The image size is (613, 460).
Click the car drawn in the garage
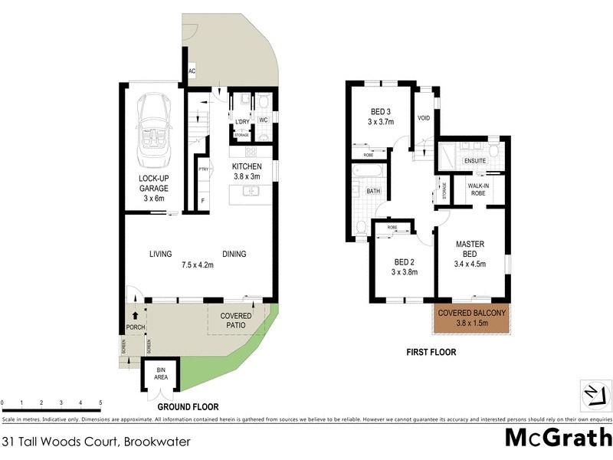153,128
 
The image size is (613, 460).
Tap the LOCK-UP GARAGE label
153,182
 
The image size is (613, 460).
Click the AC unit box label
192,71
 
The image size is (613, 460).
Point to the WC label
262,121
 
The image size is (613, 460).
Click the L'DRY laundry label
242,122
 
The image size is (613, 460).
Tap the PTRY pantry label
203,169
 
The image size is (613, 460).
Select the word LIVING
160,255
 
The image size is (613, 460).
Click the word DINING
234,255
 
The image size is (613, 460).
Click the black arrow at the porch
136,314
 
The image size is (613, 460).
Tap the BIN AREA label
161,373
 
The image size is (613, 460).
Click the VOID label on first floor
424,118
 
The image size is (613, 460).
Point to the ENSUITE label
474,162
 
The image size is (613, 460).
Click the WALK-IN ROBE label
477,189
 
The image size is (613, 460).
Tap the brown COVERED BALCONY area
472,317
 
